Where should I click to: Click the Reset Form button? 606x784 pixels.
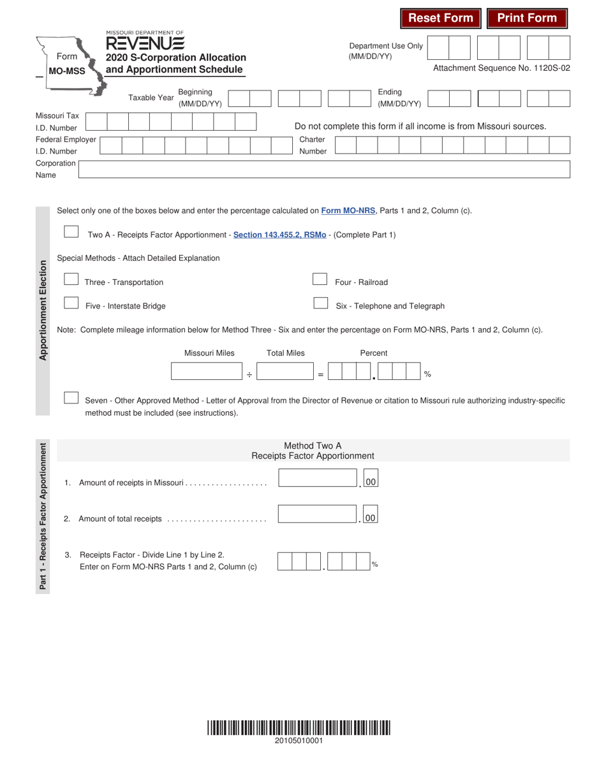[441, 18]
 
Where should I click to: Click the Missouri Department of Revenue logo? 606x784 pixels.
[145, 41]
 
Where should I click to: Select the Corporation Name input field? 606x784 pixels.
[323, 169]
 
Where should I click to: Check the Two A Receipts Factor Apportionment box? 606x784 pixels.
[71, 232]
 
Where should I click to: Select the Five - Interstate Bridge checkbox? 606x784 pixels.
[71, 303]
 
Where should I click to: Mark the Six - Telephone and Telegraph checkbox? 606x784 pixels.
[320, 303]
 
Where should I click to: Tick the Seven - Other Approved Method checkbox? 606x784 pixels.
[71, 398]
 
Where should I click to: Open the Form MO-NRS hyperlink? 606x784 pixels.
[348, 210]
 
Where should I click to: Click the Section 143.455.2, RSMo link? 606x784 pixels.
[279, 235]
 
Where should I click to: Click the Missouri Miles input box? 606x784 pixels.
[207, 372]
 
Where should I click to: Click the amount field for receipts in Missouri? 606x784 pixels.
[317, 478]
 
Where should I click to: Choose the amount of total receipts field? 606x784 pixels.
[317, 514]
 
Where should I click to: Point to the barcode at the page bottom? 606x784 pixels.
[299, 728]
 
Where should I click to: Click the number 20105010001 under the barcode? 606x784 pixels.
[299, 741]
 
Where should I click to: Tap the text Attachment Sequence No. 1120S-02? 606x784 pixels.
[501, 68]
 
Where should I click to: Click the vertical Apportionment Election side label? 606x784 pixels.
[43, 310]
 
